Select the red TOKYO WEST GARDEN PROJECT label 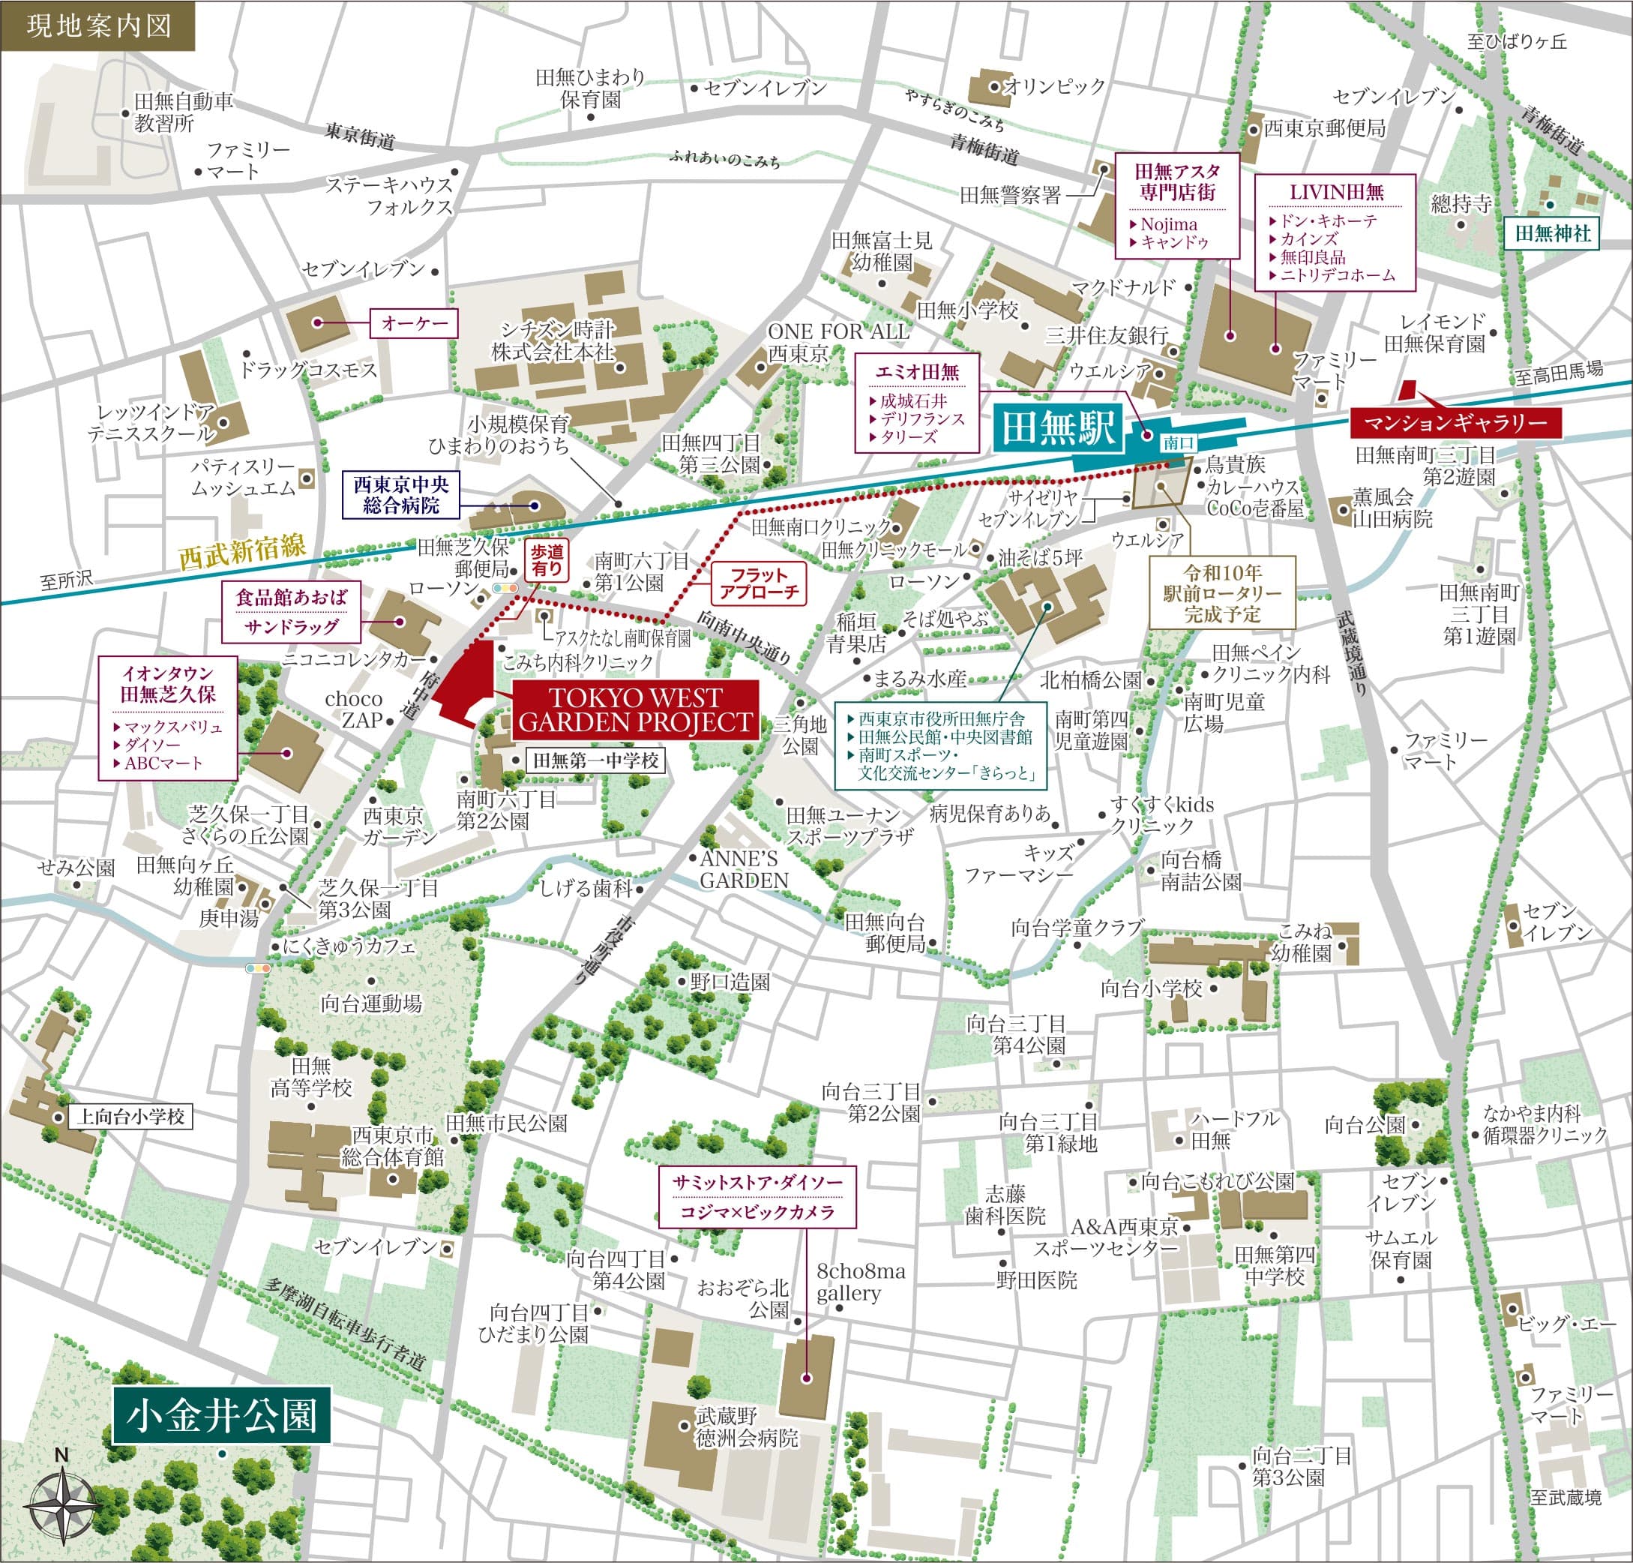point(634,709)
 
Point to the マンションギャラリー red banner point(1455,423)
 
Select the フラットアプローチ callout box point(759,583)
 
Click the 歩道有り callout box point(547,560)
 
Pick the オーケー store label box point(415,323)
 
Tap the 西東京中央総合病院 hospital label point(400,495)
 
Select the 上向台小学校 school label point(130,1117)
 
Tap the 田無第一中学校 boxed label point(595,760)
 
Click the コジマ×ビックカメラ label point(757,1212)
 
